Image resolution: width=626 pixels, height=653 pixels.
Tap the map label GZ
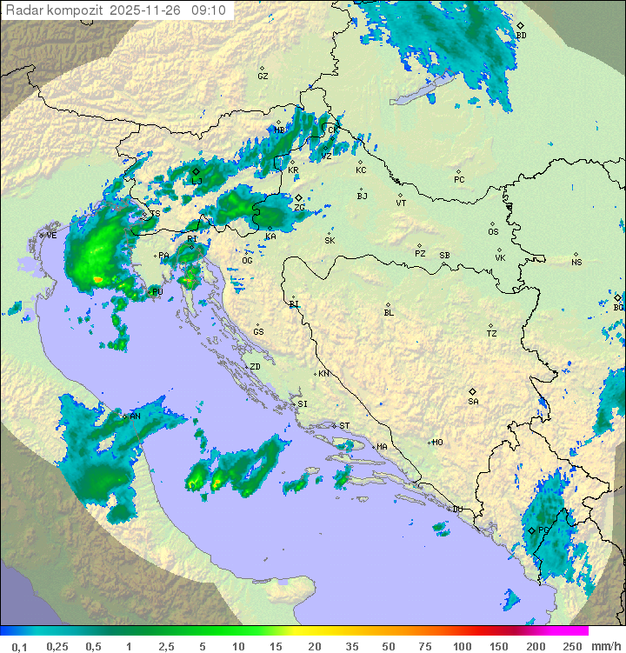coord(263,77)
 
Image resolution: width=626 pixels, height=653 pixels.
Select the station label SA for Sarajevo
coord(473,402)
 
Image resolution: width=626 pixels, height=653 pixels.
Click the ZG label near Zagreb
coord(299,208)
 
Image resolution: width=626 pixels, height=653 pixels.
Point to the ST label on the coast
coord(344,426)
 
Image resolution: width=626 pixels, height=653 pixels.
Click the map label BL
coord(389,313)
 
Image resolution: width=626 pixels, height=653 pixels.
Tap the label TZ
coord(492,334)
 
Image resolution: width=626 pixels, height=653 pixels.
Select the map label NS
coord(576,263)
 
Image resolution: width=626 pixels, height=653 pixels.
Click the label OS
coord(493,232)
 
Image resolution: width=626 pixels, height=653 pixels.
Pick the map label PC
coord(459,180)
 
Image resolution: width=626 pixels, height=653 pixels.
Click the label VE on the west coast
coord(51,236)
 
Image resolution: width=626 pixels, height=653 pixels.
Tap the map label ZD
coord(255,367)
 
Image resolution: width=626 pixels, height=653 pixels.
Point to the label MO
coord(437,443)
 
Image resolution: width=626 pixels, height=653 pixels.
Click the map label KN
coord(323,374)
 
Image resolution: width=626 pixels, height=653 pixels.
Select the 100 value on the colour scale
coord(461,646)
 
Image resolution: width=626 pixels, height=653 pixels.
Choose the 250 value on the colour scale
coord(572,646)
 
